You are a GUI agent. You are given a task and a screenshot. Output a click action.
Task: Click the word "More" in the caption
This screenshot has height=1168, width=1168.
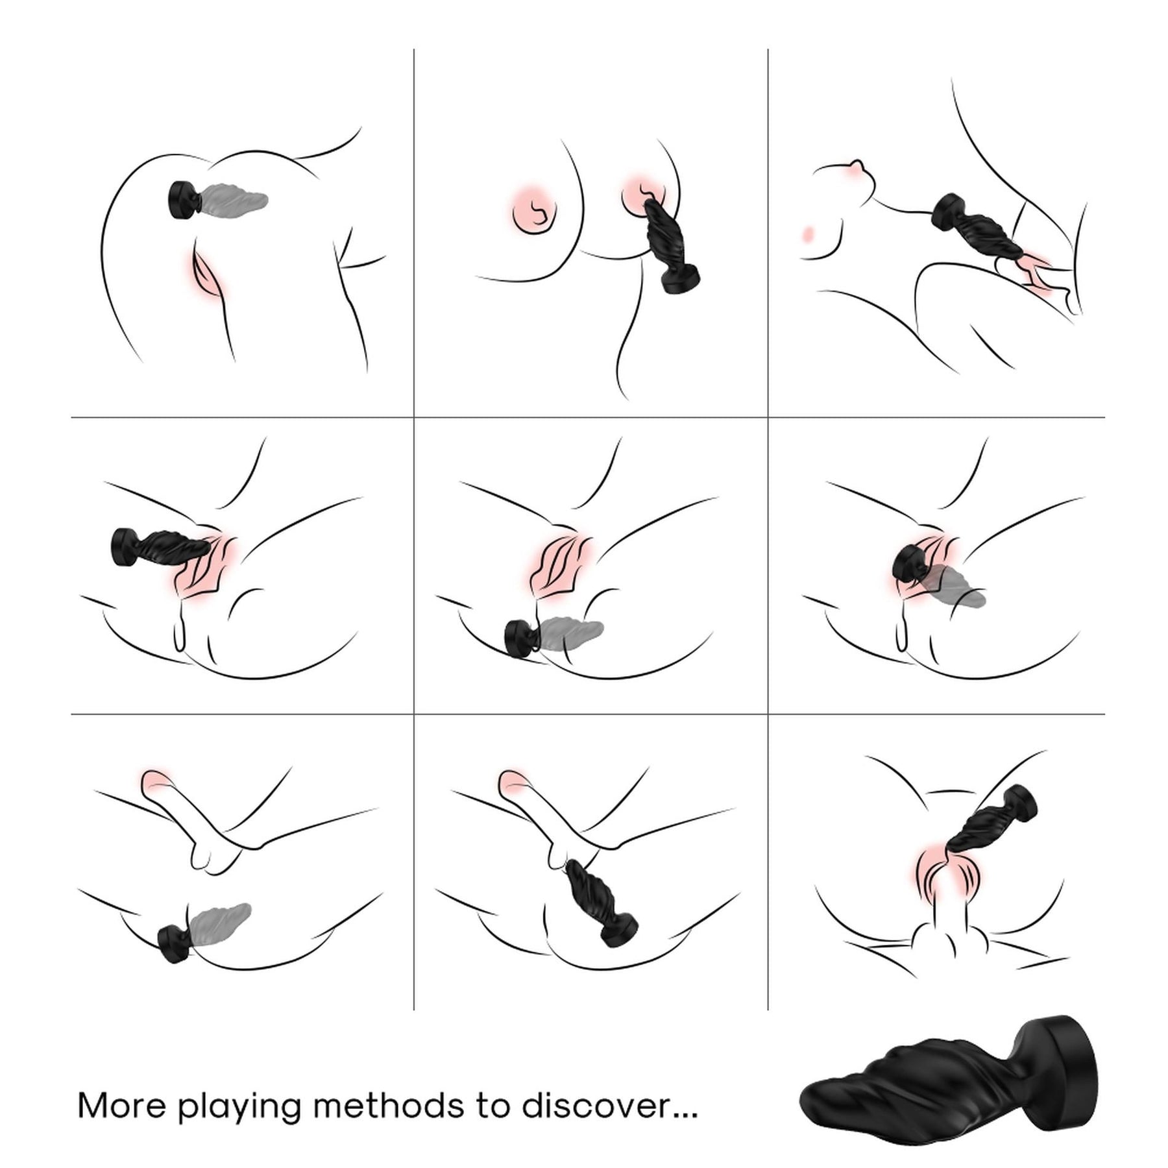coord(121,1106)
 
